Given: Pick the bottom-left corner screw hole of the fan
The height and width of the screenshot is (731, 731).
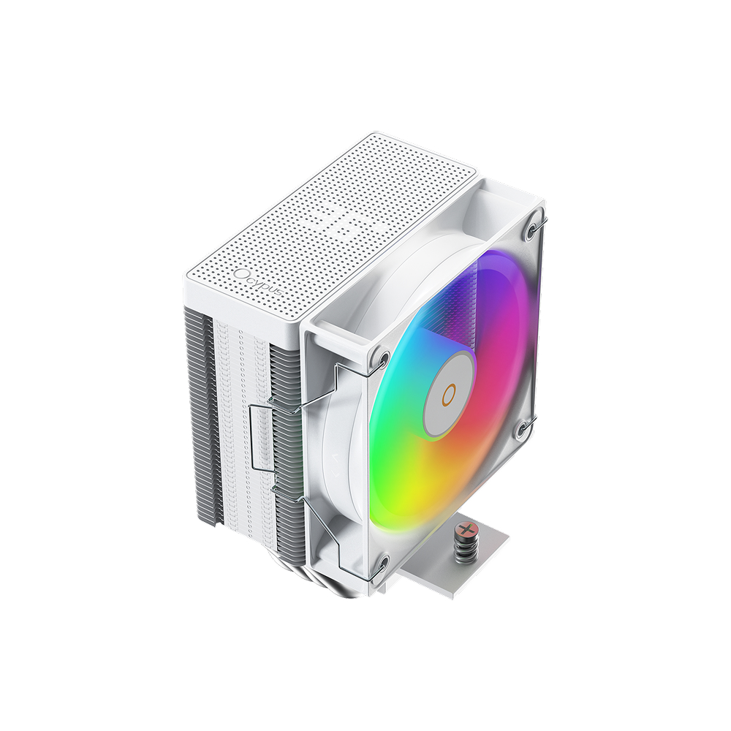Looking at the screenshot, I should pos(381,563).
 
